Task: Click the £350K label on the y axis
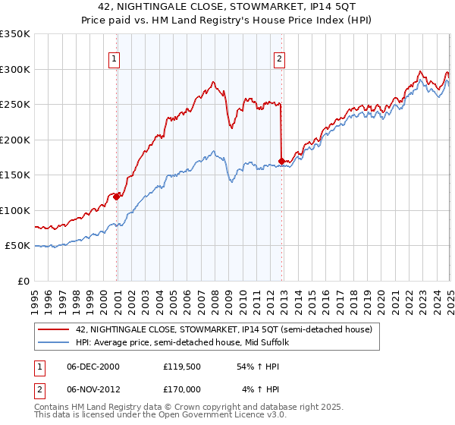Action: point(15,34)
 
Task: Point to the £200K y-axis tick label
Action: point(15,140)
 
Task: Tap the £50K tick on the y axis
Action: point(17,246)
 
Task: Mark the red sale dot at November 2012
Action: point(281,161)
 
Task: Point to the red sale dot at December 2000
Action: point(117,196)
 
